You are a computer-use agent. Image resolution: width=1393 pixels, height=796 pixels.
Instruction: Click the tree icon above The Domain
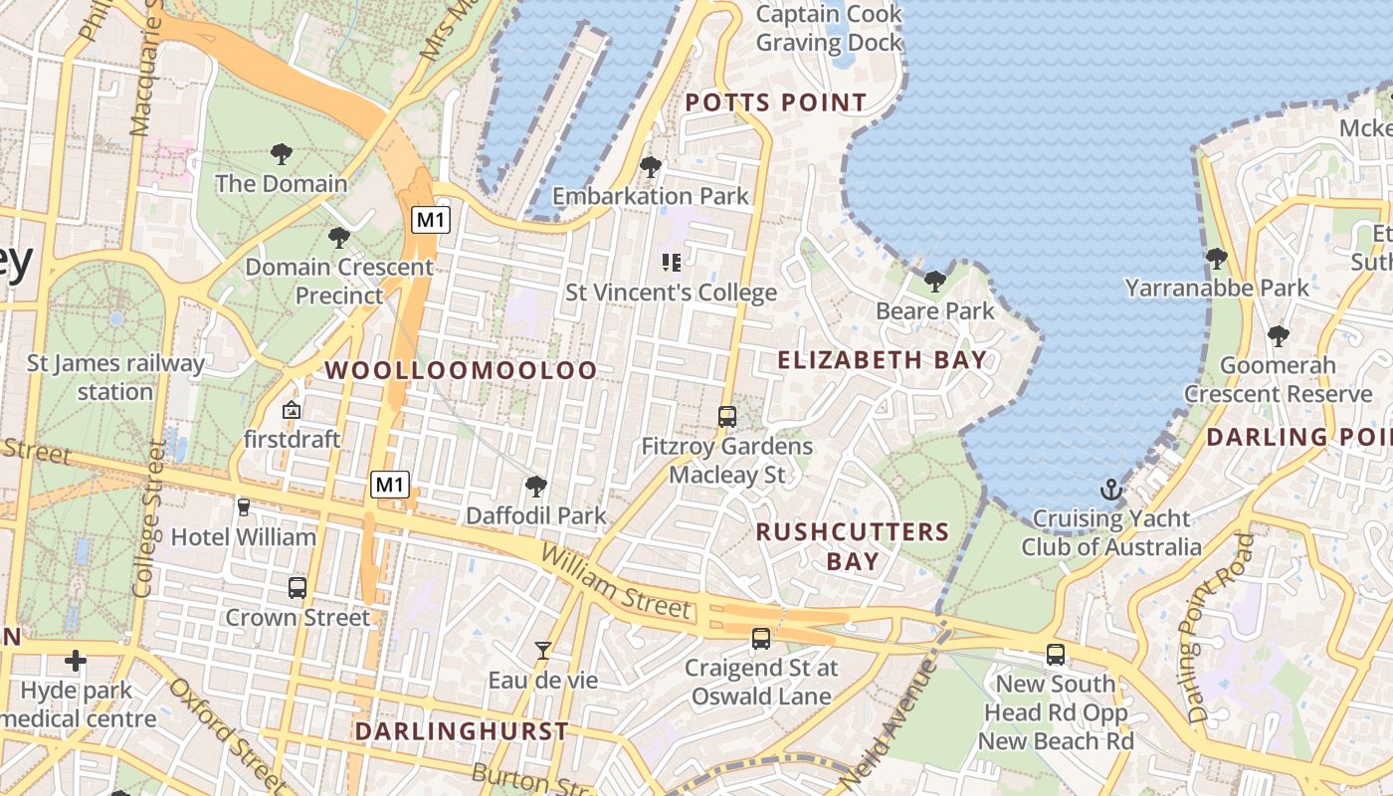coord(282,154)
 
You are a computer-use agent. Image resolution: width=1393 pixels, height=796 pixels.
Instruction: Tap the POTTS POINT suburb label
coord(776,102)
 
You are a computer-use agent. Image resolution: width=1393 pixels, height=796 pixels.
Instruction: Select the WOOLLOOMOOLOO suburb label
coord(461,370)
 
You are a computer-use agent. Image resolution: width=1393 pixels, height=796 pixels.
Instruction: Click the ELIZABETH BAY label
coord(882,360)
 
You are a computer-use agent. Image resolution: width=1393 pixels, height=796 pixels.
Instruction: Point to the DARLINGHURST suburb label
coord(462,731)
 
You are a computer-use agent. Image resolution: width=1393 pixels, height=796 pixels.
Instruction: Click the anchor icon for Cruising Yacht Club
coord(1110,489)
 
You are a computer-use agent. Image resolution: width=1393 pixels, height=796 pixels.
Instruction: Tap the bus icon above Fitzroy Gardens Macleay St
coord(727,416)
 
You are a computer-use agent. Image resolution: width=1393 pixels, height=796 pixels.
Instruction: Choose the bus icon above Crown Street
coord(297,587)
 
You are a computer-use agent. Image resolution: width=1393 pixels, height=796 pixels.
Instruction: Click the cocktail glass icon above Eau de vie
coord(542,651)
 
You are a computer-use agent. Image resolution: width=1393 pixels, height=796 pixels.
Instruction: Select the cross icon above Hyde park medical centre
coord(76,660)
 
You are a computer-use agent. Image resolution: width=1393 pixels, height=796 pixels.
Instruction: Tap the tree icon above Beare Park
coord(934,282)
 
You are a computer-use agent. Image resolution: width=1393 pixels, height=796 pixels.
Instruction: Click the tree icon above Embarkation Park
coord(651,166)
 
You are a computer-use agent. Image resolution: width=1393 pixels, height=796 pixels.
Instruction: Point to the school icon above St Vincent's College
coord(672,263)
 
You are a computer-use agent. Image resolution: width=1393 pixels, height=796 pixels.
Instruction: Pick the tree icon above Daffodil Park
coord(536,486)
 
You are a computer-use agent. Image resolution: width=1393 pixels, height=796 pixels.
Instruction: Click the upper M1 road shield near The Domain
coord(430,219)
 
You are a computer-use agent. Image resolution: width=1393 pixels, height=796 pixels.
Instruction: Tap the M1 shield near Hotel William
coord(389,485)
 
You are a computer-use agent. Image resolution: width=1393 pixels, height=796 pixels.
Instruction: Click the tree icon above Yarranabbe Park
coord(1216,259)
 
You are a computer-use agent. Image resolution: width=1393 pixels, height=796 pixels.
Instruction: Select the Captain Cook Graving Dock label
coord(829,28)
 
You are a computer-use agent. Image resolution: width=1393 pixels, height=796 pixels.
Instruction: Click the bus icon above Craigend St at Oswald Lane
coord(761,638)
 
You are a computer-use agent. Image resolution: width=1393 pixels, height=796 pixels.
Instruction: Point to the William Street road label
coord(616,582)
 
